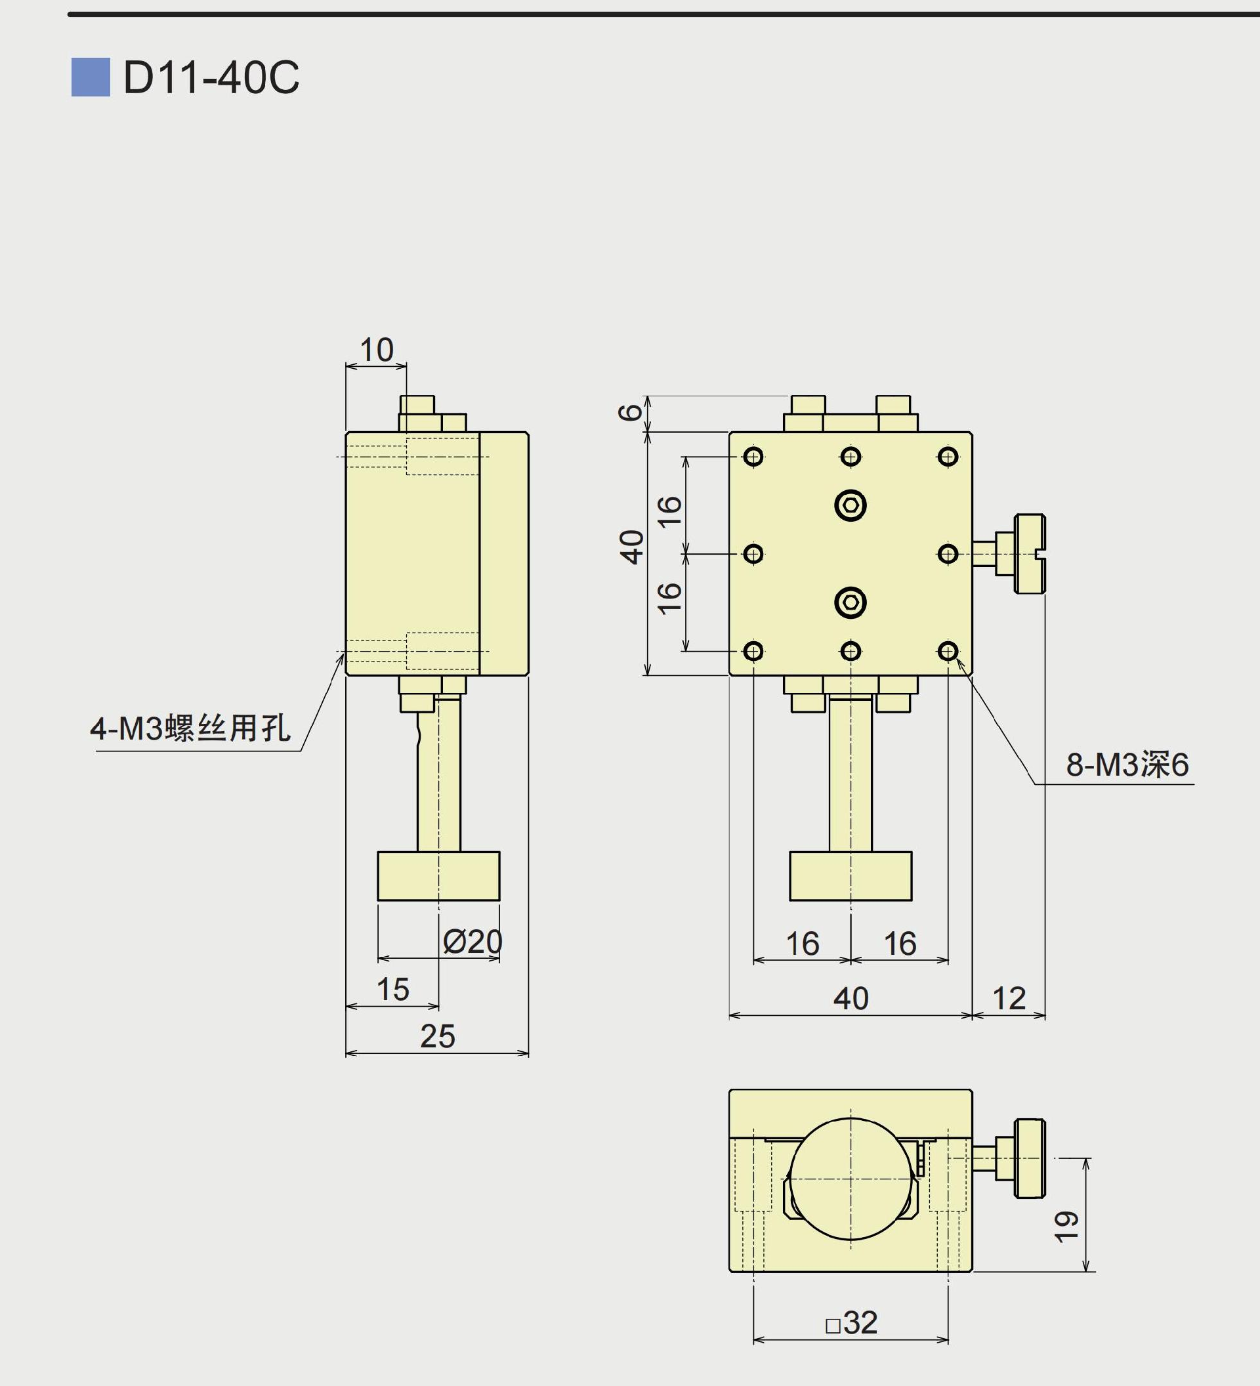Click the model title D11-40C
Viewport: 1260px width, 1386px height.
211,77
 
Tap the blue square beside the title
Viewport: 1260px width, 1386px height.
90,77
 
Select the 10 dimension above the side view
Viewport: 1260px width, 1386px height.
376,350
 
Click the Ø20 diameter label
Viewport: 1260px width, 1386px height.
472,941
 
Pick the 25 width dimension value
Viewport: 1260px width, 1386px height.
437,1036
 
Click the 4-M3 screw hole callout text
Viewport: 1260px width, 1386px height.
190,728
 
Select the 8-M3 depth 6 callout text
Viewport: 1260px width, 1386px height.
1127,765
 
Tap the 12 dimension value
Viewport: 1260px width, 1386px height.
1009,998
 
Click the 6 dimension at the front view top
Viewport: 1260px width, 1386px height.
629,412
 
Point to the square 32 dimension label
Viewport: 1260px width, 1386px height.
852,1322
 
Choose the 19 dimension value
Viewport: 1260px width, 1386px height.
1066,1227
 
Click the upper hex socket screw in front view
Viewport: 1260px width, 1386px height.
850,505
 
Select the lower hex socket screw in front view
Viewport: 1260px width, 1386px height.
850,603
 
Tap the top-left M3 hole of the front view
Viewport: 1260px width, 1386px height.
753,457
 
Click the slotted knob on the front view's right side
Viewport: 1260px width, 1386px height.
1029,553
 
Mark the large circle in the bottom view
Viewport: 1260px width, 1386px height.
850,1179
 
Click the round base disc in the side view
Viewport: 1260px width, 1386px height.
438,876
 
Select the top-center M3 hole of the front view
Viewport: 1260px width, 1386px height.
850,457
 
